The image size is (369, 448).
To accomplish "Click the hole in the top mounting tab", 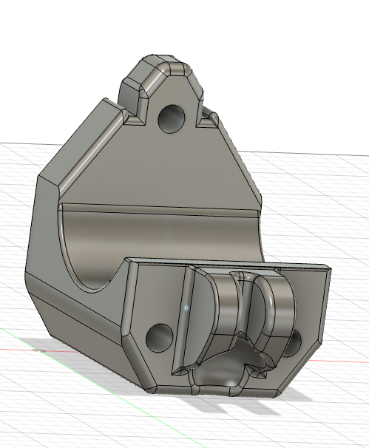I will point(172,117).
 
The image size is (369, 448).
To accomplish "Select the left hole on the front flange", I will point(159,337).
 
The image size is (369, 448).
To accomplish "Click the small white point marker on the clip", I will point(186,305).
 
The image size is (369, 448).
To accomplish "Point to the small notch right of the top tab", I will point(209,117).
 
